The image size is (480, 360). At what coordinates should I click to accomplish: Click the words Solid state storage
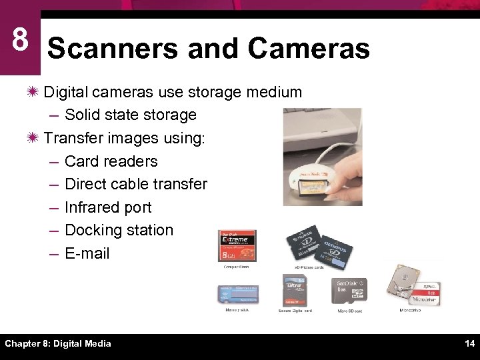pyautogui.click(x=131, y=115)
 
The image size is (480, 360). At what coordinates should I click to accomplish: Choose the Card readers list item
pyautogui.click(x=111, y=161)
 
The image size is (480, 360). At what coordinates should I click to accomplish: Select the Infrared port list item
pyautogui.click(x=108, y=207)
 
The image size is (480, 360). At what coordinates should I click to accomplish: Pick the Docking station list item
pyautogui.click(x=119, y=230)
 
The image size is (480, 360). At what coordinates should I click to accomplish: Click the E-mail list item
pyautogui.click(x=87, y=253)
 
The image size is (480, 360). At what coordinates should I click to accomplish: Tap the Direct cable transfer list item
pyautogui.click(x=136, y=184)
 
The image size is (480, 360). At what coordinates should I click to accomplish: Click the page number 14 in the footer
pyautogui.click(x=469, y=343)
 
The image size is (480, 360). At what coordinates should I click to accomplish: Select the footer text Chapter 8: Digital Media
pyautogui.click(x=58, y=343)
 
